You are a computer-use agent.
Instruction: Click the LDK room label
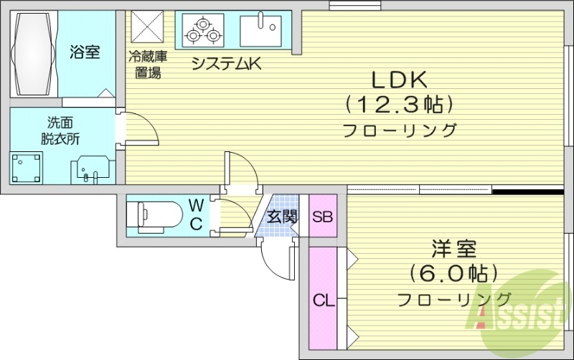pyautogui.click(x=399, y=78)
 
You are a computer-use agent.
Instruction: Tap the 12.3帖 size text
pyautogui.click(x=399, y=105)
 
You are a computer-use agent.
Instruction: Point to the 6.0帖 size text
pyautogui.click(x=453, y=273)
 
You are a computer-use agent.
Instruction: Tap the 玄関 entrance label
pyautogui.click(x=281, y=216)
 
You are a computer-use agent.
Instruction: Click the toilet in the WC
pyautogui.click(x=155, y=214)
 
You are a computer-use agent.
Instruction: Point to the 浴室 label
pyautogui.click(x=85, y=52)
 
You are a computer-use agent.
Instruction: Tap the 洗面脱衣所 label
pyautogui.click(x=60, y=131)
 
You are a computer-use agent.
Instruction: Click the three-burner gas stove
pyautogui.click(x=204, y=29)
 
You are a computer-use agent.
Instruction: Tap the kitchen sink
pyautogui.click(x=263, y=29)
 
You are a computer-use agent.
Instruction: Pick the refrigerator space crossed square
pyautogui.click(x=149, y=28)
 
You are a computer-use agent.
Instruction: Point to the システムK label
pyautogui.click(x=225, y=64)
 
